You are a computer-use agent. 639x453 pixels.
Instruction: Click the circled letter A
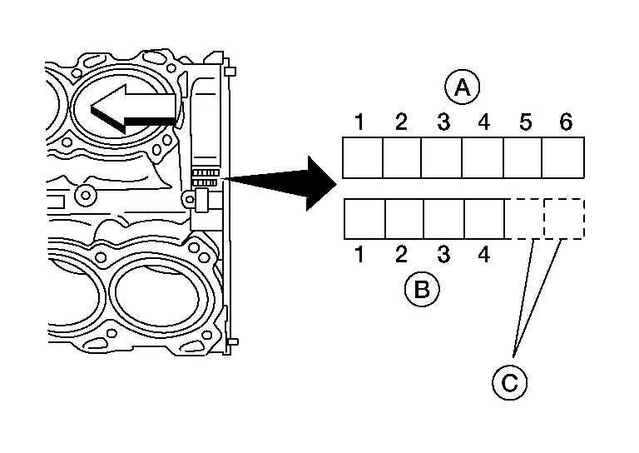[463, 87]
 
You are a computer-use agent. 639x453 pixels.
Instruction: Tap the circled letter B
[422, 289]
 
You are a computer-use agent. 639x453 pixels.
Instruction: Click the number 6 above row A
[566, 122]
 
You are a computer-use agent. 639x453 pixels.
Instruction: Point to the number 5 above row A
[525, 122]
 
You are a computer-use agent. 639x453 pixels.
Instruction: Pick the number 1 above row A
[359, 122]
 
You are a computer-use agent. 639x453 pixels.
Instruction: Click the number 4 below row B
[484, 254]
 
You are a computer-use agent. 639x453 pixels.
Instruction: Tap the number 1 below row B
[359, 254]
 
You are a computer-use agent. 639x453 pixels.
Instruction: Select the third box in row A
[442, 158]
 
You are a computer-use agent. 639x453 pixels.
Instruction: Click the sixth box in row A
[563, 158]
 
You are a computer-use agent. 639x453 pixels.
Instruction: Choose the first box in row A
[363, 158]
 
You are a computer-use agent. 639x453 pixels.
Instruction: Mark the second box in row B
[404, 219]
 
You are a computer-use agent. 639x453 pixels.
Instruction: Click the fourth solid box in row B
[484, 219]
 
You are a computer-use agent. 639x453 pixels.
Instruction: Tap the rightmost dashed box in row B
[564, 219]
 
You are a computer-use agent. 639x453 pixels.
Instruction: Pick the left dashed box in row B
[524, 219]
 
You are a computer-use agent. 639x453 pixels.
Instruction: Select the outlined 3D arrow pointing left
[133, 108]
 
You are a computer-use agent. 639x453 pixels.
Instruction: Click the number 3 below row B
[443, 254]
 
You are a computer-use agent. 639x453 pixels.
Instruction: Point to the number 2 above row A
[401, 122]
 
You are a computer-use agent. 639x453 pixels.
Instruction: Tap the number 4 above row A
[484, 122]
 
